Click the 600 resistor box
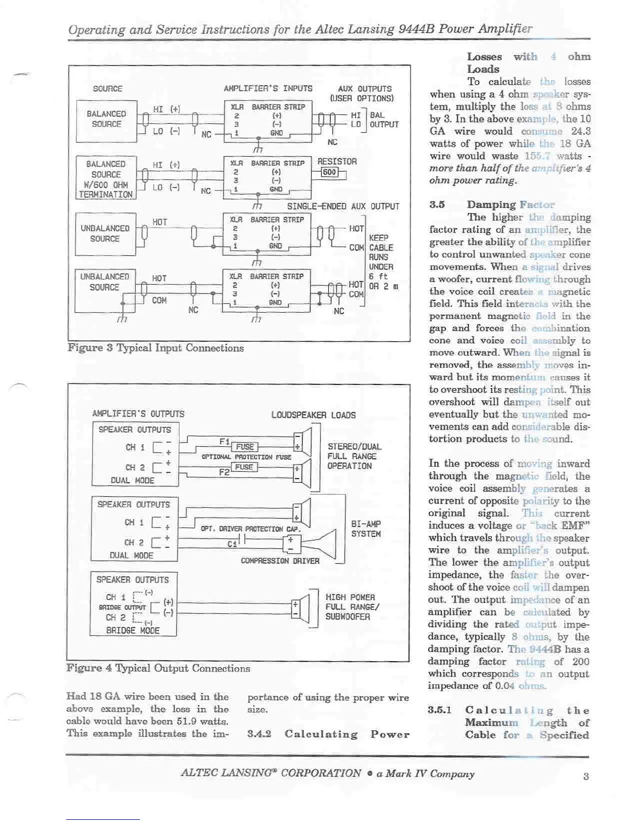[x=329, y=172]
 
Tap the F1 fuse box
[x=245, y=446]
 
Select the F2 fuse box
[x=244, y=467]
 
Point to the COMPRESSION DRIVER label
[x=280, y=561]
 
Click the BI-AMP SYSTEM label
[x=366, y=529]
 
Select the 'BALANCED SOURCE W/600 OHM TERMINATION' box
[x=106, y=179]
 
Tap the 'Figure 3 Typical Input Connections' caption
[x=156, y=348]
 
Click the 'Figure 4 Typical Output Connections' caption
[x=158, y=668]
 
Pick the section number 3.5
[x=437, y=204]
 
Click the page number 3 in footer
[x=585, y=776]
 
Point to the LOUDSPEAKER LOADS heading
[x=313, y=415]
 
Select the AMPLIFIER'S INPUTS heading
[x=268, y=88]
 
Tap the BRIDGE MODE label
[x=133, y=630]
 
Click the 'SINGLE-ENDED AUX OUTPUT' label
[x=343, y=207]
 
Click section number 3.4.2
[x=259, y=734]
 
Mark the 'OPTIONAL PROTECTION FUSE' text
[x=246, y=457]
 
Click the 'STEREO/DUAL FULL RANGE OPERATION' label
[x=354, y=456]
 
